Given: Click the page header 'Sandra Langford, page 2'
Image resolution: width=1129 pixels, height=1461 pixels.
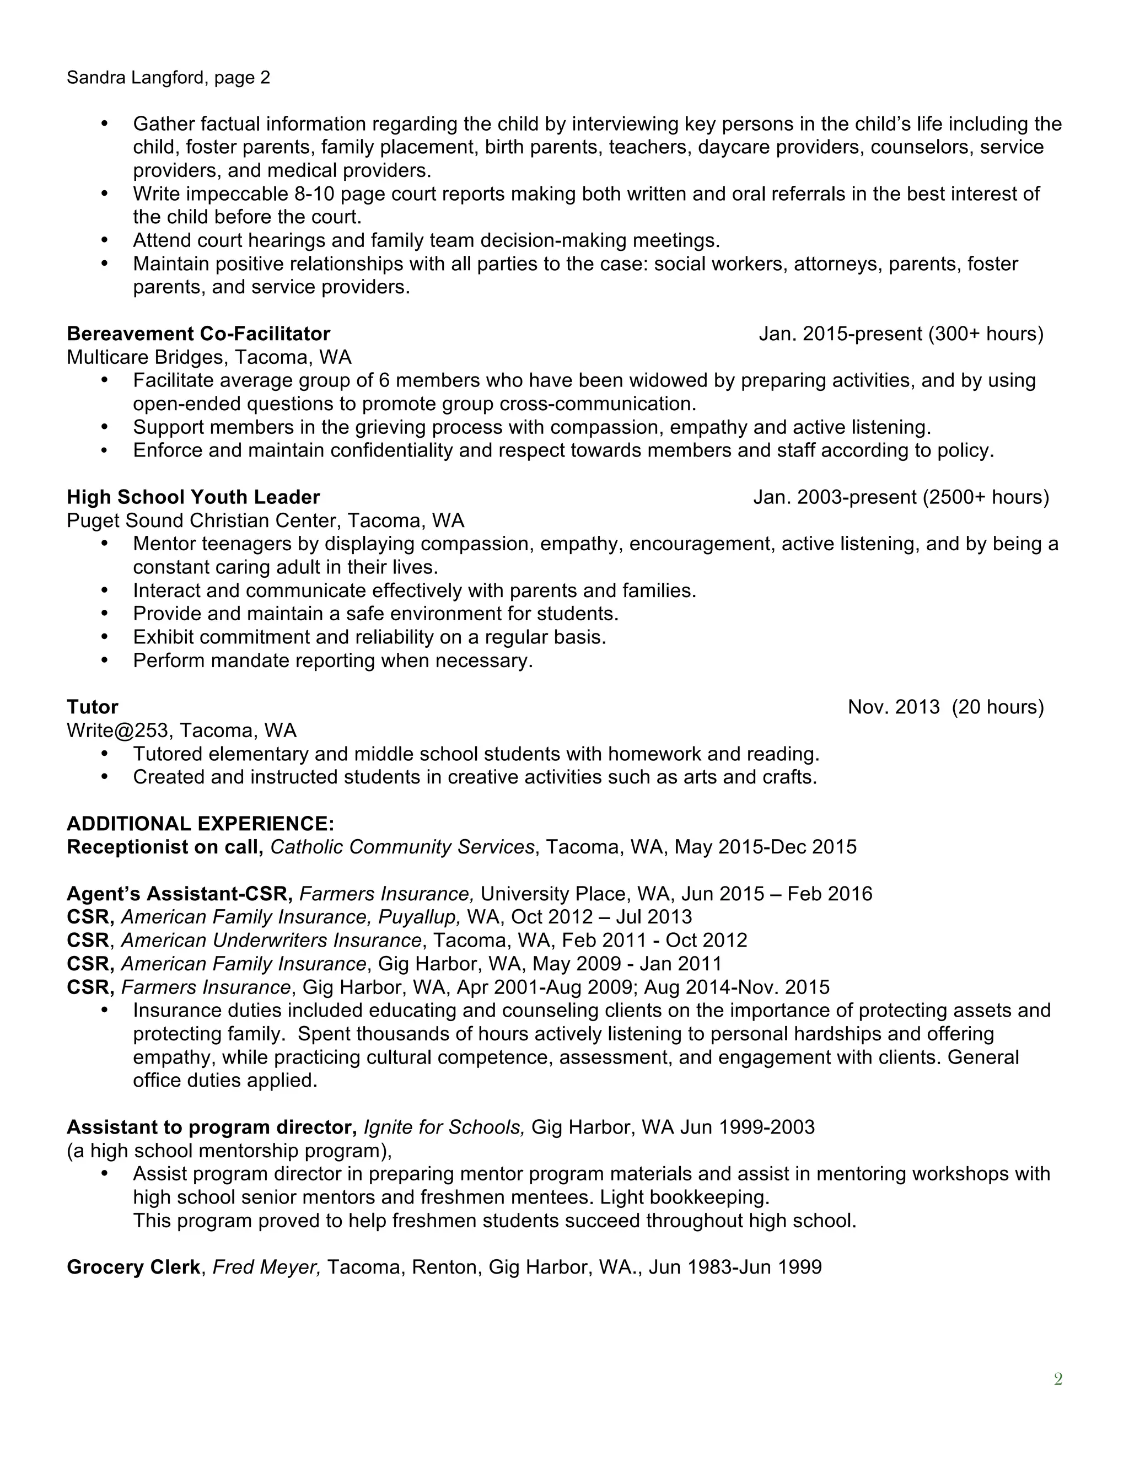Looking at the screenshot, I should coord(168,78).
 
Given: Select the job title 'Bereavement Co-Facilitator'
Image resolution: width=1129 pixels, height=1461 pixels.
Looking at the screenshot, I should coord(198,333).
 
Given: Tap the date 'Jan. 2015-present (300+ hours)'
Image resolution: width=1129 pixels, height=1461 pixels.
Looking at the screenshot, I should coord(900,333).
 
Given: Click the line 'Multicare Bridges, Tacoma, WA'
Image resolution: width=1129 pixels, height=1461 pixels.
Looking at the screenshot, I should coord(209,357).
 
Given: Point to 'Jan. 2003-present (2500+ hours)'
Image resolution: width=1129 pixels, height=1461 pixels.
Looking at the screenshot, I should coord(900,497).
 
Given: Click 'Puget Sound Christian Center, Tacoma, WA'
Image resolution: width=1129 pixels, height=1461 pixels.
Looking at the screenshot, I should coord(265,520).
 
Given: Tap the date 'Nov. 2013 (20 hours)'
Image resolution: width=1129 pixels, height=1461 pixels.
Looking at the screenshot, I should coord(945,707).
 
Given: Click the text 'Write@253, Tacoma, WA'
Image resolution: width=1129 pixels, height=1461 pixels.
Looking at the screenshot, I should coord(181,730).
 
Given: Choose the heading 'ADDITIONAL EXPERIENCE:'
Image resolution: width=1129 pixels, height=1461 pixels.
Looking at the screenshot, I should coord(200,824).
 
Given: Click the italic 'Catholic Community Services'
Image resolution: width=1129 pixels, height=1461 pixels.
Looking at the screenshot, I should coord(402,847).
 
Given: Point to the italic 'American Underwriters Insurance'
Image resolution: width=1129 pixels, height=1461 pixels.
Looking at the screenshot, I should coord(271,941).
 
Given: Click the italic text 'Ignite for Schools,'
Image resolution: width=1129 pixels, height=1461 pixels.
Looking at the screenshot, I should coord(443,1127).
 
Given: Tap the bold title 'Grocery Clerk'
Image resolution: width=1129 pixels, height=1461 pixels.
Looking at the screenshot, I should coord(133,1267).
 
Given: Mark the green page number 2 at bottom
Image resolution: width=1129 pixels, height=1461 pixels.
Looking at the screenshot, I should coord(1057,1379).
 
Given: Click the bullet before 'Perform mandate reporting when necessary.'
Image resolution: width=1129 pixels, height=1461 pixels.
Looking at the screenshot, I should coord(104,660).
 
